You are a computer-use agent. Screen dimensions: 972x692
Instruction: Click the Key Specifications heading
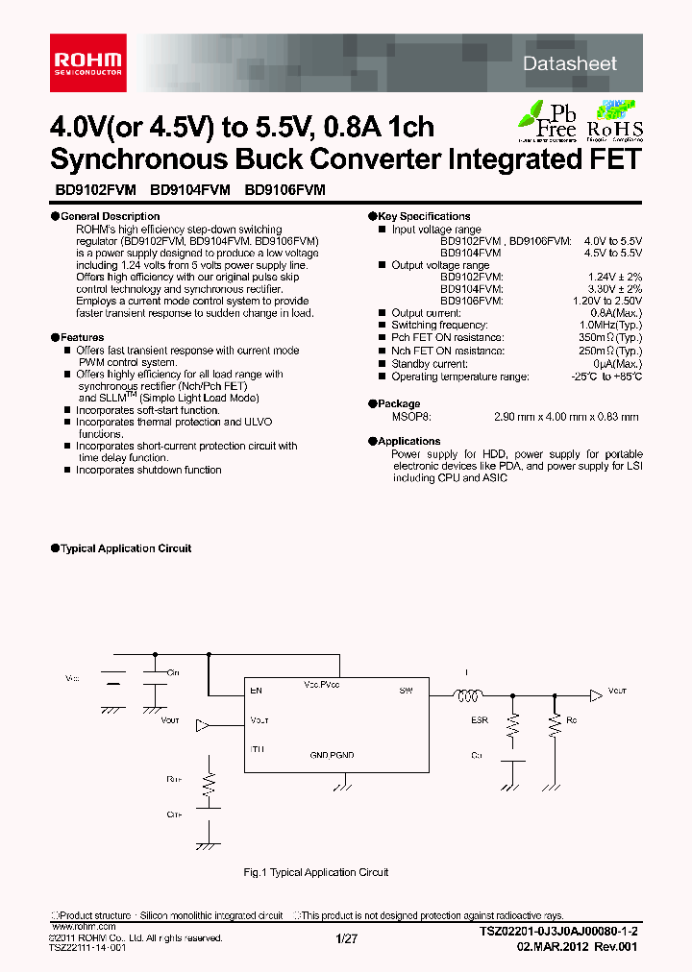tap(423, 217)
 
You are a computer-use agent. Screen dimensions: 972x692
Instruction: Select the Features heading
tap(82, 338)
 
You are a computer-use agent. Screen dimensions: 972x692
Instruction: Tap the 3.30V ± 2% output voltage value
tap(611, 288)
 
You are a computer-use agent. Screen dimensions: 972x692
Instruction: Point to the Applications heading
tap(408, 442)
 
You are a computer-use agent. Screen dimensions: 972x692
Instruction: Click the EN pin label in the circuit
tap(256, 690)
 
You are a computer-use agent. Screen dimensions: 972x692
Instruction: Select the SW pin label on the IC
tap(405, 690)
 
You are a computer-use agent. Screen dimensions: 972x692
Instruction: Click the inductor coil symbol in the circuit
tap(469, 697)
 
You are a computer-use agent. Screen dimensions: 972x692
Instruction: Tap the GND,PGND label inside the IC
tap(332, 755)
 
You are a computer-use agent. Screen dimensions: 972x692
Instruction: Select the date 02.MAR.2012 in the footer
tap(551, 946)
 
